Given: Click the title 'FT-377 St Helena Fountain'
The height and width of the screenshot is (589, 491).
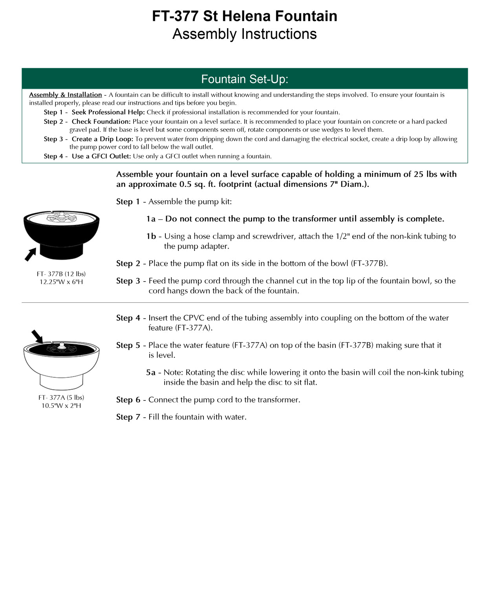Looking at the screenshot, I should (x=244, y=16).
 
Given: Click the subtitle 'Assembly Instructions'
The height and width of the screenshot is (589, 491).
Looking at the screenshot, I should (x=244, y=34).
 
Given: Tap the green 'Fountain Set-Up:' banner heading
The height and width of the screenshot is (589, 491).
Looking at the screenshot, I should (x=244, y=79).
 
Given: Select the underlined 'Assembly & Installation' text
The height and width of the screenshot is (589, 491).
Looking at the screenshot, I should (x=65, y=95).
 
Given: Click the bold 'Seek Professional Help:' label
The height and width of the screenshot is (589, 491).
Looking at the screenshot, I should (x=108, y=112).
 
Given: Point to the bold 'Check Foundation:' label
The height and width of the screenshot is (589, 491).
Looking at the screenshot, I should (x=101, y=122).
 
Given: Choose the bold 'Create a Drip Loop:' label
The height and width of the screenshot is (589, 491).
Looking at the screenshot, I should (x=102, y=139).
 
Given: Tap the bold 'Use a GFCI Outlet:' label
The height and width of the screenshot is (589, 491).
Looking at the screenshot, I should (x=101, y=156).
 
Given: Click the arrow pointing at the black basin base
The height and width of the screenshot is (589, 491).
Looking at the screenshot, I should (x=30, y=254).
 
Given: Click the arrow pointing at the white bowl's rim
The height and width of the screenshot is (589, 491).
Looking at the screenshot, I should (x=37, y=336).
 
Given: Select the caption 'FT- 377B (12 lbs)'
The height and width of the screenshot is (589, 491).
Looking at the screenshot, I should (x=61, y=274).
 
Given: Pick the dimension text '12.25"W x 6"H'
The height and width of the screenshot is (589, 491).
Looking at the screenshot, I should (x=61, y=282).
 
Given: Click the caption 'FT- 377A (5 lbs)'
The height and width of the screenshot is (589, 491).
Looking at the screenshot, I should (x=61, y=397).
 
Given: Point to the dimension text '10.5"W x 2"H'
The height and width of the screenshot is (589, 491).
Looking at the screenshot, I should (x=61, y=406).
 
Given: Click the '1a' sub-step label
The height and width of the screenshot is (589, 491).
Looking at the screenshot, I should (x=151, y=219).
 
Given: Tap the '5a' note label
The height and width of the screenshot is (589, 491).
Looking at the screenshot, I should (x=151, y=373).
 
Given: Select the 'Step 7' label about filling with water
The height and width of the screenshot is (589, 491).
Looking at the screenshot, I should (x=128, y=417).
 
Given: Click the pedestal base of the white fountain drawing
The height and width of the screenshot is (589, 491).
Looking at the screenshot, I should (x=61, y=381).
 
